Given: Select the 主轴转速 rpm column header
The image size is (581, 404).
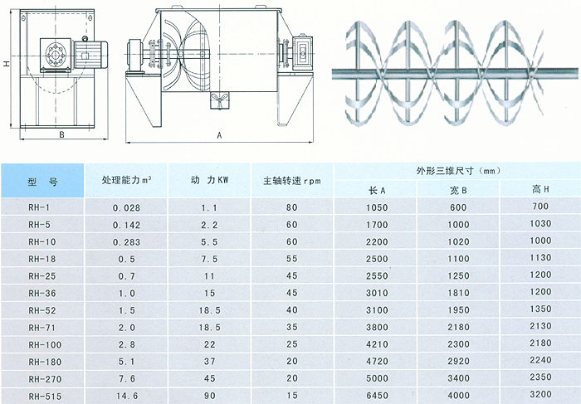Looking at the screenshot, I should [x=291, y=179].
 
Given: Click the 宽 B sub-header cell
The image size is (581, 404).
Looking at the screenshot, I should [x=458, y=189].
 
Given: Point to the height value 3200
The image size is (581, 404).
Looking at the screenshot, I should [x=540, y=397].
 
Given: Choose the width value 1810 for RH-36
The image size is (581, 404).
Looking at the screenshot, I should [x=458, y=292].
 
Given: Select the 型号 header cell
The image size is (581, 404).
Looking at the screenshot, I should [x=41, y=179].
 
